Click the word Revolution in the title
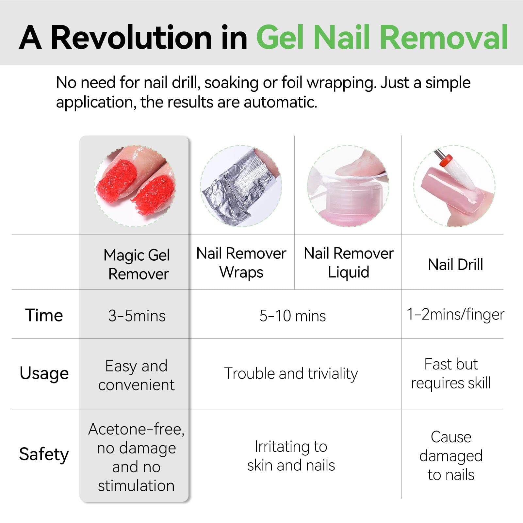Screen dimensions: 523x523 pos(132,38)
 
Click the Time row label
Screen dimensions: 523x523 pos(44,315)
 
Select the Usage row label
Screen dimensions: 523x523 pos(44,373)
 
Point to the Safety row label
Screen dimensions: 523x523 pos(44,454)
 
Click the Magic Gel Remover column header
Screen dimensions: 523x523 pos(137,264)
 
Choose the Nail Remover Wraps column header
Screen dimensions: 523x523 pos(241,263)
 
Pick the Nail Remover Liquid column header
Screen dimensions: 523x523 pos(349,263)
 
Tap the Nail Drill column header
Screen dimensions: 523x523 pos(455,265)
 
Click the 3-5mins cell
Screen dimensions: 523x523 pos(137,316)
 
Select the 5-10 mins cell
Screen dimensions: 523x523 pos(293,316)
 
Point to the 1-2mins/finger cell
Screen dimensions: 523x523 pos(455,314)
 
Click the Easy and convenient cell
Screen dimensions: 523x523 pos(136,375)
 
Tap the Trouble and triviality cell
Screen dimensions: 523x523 pos(291,373)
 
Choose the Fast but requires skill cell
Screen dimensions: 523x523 pos(451,373)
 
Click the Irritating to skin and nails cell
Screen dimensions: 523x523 pos(291,456)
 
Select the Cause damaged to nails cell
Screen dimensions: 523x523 pos(451,456)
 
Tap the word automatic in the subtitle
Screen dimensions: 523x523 pos(280,102)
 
